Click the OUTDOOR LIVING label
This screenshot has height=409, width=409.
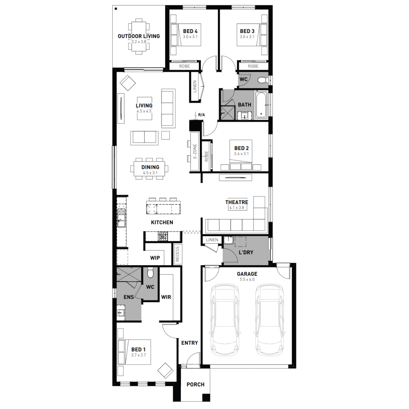(x=139, y=36)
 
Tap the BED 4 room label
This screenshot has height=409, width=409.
(x=190, y=31)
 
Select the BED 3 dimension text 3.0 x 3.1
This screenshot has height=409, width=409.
(x=247, y=37)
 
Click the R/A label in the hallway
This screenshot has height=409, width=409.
(x=202, y=115)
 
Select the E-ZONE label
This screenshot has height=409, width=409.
(x=195, y=151)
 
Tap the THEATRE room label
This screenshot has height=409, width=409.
(x=237, y=202)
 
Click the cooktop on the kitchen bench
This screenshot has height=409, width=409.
(x=163, y=236)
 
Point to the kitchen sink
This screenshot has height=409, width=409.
(x=121, y=218)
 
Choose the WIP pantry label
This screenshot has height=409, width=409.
(x=155, y=258)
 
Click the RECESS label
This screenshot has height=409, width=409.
(x=178, y=254)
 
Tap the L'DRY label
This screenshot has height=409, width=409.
(x=246, y=252)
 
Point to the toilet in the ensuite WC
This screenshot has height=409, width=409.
(x=150, y=273)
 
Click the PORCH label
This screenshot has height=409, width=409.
(x=196, y=384)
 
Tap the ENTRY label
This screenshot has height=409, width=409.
(x=190, y=343)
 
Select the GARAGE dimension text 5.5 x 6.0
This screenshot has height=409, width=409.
(x=247, y=279)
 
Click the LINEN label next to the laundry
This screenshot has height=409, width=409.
(x=212, y=240)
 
